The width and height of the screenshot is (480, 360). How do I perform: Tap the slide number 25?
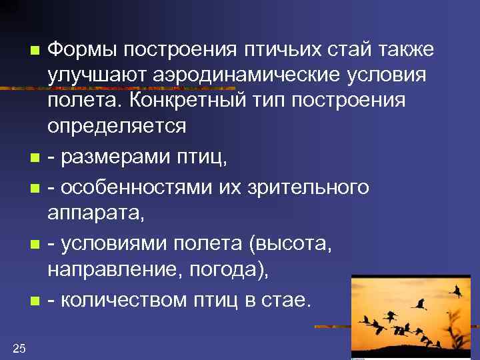[19, 347]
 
